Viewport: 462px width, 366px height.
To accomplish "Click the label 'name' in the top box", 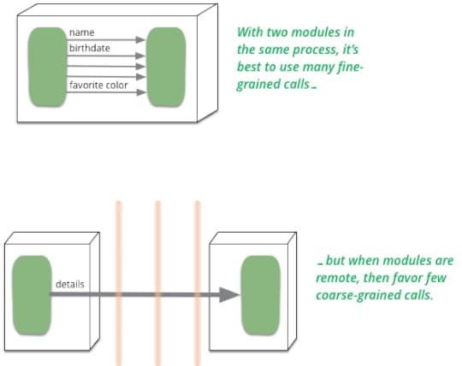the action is tap(81, 32).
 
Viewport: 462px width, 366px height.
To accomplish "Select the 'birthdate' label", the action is tap(90, 48).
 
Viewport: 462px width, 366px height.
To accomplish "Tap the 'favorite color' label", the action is tap(98, 86).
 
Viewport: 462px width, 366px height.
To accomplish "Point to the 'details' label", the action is tap(70, 284).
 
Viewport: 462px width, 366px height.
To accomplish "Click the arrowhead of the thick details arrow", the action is tap(230, 295).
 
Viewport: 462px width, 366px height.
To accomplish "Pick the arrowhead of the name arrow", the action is tap(140, 39).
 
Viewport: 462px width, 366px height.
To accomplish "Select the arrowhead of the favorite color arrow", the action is tap(141, 92).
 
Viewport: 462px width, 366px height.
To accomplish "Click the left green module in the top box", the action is tap(47, 68).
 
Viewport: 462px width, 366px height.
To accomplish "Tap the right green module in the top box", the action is tap(167, 68).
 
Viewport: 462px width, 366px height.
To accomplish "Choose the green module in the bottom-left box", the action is tap(32, 295).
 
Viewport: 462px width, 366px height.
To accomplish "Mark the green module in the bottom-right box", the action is tap(260, 295).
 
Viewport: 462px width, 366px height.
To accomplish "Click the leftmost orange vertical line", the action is tap(118, 283).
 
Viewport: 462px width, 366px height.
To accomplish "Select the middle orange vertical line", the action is tap(158, 283).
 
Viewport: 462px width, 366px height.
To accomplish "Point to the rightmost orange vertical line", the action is tap(198, 283).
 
